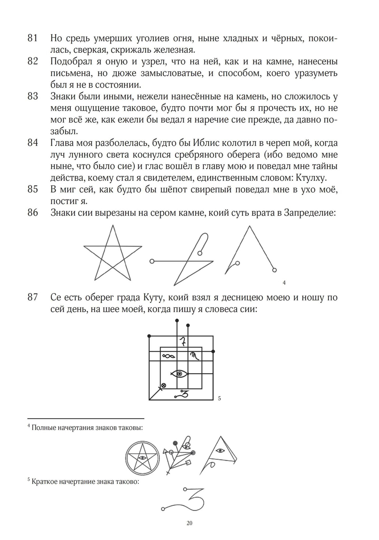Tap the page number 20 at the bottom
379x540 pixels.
(189, 523)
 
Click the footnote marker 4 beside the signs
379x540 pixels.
(284, 283)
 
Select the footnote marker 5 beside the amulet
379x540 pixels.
(219, 399)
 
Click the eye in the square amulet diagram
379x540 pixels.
(180, 374)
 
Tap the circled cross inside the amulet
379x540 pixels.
(164, 386)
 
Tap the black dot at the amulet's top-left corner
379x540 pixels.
(149, 336)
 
